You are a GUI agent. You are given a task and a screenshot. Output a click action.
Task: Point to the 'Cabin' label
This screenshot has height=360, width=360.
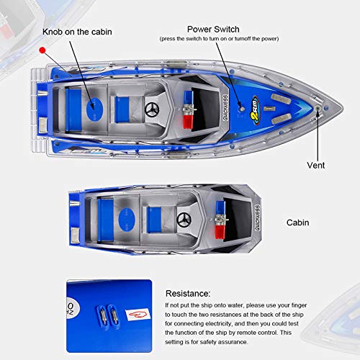point(297,222)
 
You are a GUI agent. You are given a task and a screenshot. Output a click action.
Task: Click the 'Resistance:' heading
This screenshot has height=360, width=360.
point(188,294)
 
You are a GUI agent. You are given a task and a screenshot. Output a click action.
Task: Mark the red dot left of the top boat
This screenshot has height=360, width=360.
point(42,50)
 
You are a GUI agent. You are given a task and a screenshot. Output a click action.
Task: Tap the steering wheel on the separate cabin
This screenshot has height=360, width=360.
point(183,220)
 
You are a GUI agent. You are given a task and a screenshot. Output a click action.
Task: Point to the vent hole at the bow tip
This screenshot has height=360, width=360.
point(318,109)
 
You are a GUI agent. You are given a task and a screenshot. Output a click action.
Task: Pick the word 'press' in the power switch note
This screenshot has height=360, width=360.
point(171,39)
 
